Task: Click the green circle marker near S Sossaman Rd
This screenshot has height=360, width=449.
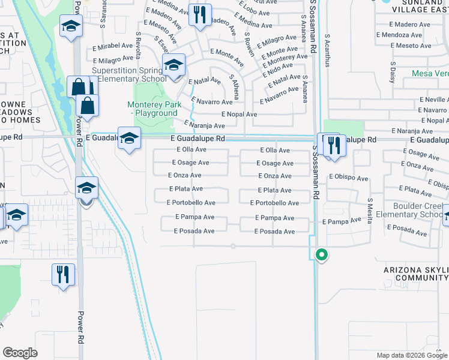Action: coord(322,254)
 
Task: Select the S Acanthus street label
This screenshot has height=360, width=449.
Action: coord(328,46)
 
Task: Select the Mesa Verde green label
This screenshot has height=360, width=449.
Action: coord(430,74)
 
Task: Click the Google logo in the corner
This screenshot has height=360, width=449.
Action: coord(20,353)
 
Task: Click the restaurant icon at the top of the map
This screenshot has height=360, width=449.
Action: coord(200,14)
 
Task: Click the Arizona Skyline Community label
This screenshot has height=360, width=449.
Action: coord(416,274)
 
